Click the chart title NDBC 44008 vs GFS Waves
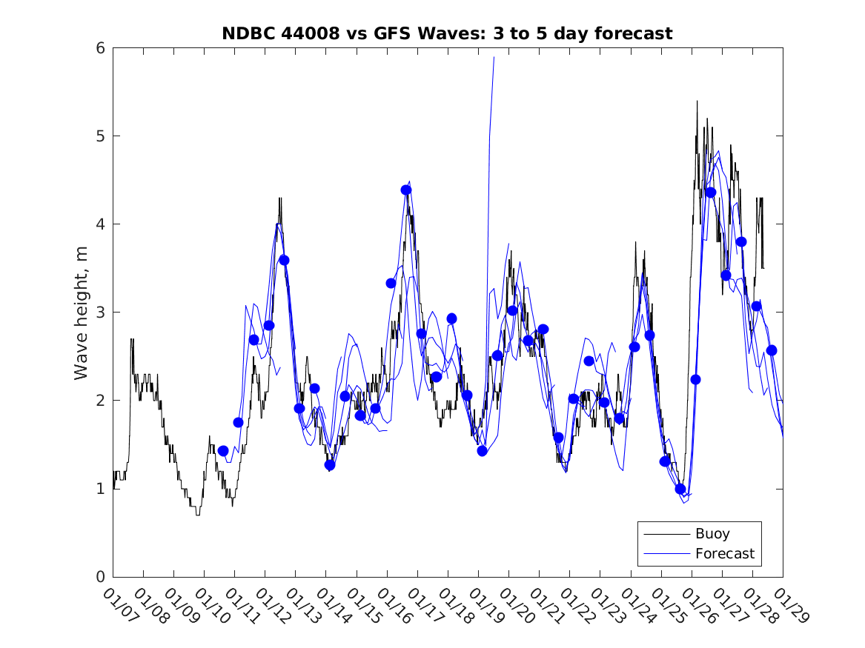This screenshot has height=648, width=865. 447,33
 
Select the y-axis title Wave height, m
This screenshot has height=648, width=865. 82,313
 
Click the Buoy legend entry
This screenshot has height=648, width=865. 712,533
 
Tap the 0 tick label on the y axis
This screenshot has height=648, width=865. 99,577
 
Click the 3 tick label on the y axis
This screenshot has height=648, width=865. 99,313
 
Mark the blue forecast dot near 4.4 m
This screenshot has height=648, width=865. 406,190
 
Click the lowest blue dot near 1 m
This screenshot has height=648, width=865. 680,489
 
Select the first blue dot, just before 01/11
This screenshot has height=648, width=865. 223,450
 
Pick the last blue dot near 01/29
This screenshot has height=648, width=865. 772,350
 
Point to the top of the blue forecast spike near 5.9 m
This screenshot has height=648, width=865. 494,57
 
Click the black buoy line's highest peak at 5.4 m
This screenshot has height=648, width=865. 697,101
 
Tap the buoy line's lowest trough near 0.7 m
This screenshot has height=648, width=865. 198,515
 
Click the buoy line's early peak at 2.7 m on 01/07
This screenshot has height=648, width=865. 132,339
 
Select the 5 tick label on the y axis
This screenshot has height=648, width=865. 99,136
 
